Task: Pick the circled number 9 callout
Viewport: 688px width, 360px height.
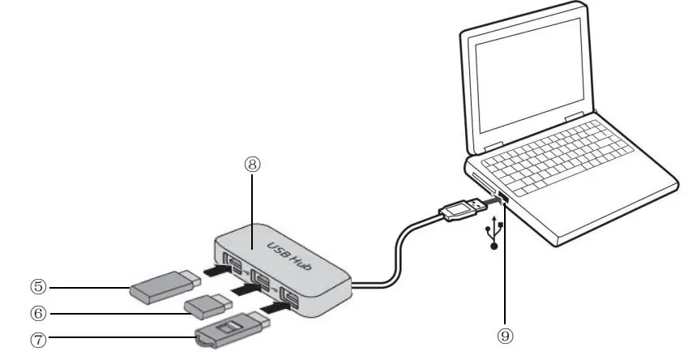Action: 505,334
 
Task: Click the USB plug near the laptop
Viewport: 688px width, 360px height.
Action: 462,208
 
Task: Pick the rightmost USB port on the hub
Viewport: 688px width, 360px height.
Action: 289,297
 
